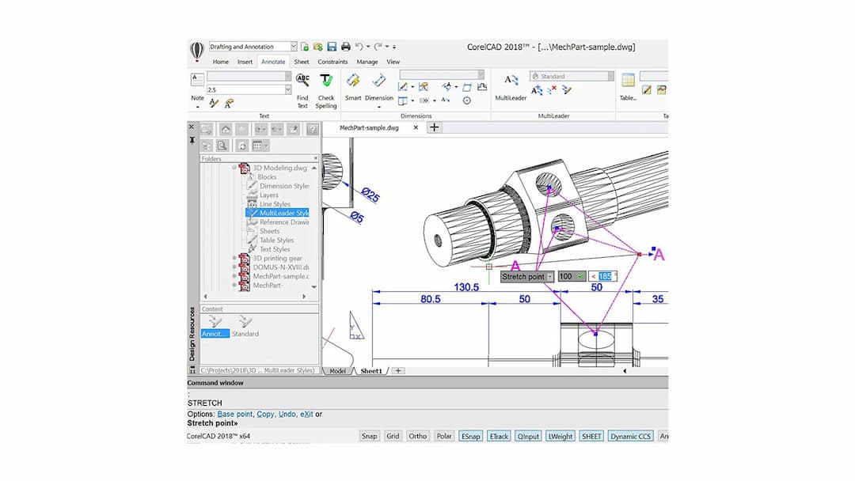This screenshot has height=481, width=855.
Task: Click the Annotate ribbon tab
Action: pyautogui.click(x=273, y=62)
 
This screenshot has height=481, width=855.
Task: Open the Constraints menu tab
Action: pyautogui.click(x=332, y=62)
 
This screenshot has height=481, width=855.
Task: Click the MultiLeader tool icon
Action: pyautogui.click(x=511, y=81)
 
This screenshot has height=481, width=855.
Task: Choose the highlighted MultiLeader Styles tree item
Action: pyautogui.click(x=283, y=213)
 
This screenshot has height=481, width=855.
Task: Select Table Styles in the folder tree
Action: pyautogui.click(x=276, y=240)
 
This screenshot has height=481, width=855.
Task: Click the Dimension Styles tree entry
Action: pyautogui.click(x=283, y=186)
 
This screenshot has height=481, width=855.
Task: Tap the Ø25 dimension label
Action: pyautogui.click(x=370, y=195)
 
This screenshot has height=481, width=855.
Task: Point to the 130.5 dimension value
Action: pyautogui.click(x=465, y=287)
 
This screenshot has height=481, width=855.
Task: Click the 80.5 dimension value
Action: pyautogui.click(x=431, y=300)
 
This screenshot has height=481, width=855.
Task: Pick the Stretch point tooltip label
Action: pyautogui.click(x=524, y=277)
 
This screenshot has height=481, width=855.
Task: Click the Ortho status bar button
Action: pyautogui.click(x=417, y=436)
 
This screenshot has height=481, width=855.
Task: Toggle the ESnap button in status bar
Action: pyautogui.click(x=470, y=436)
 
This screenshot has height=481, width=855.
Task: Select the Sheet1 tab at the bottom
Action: pyautogui.click(x=371, y=371)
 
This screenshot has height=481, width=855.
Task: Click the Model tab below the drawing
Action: pyautogui.click(x=338, y=371)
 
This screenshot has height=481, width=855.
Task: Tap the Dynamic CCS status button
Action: pyautogui.click(x=630, y=436)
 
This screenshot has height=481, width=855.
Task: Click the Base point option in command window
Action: pyautogui.click(x=236, y=414)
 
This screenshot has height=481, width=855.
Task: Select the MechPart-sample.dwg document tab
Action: pyautogui.click(x=369, y=127)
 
